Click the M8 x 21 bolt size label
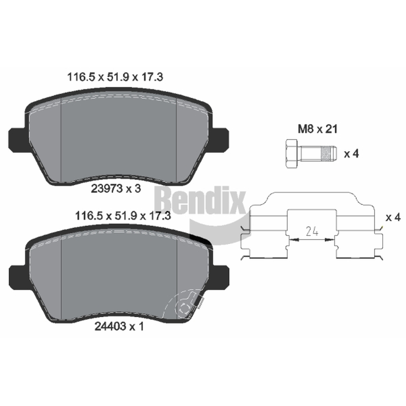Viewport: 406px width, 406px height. [318, 129]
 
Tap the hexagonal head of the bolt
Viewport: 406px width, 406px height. [292, 153]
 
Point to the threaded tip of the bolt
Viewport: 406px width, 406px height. [328, 153]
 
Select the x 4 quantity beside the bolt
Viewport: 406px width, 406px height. [351, 154]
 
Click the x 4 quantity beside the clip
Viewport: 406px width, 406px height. [393, 217]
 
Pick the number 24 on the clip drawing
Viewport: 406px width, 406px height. [312, 231]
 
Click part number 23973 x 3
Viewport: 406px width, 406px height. [116, 188]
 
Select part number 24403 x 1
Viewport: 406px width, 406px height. [119, 326]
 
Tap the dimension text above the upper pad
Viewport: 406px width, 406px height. [115, 77]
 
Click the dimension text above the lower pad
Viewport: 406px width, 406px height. [123, 215]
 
